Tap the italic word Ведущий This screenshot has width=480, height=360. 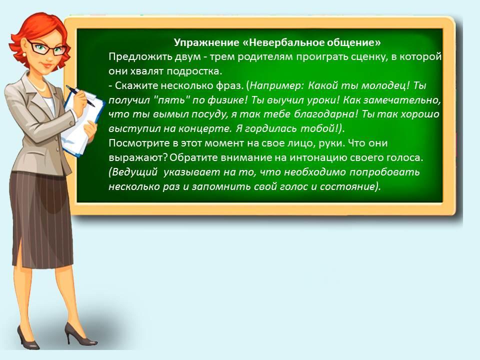(134, 172)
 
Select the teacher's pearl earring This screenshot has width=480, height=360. (24, 54)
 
